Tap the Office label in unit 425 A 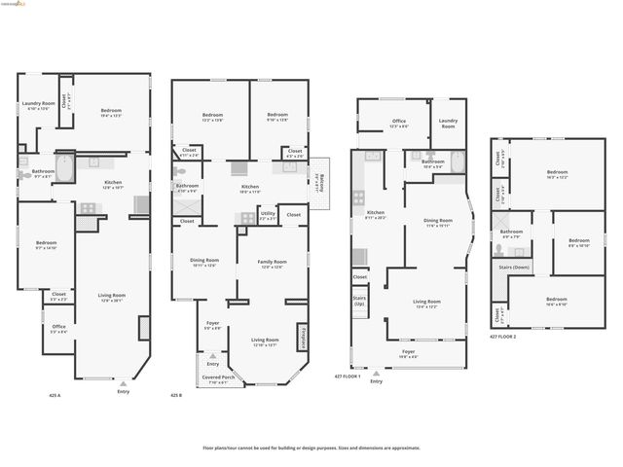tap(58, 328)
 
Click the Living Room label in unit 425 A tap(112, 297)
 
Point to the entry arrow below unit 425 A tap(123, 384)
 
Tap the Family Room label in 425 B tap(272, 263)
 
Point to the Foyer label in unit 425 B tap(212, 326)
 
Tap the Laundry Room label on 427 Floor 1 tap(448, 124)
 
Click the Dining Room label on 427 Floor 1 tap(437, 222)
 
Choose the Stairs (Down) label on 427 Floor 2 tap(514, 266)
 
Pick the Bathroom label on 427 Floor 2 tap(511, 233)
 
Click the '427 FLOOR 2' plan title tap(507, 337)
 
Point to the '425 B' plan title tap(176, 396)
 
